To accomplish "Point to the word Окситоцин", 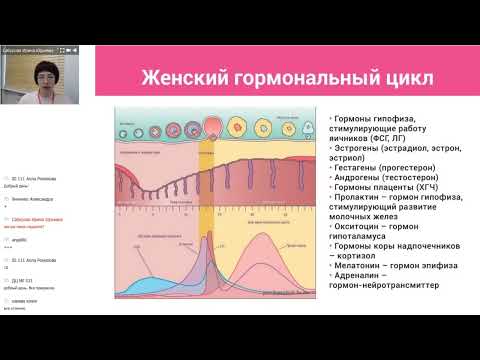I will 355,228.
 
